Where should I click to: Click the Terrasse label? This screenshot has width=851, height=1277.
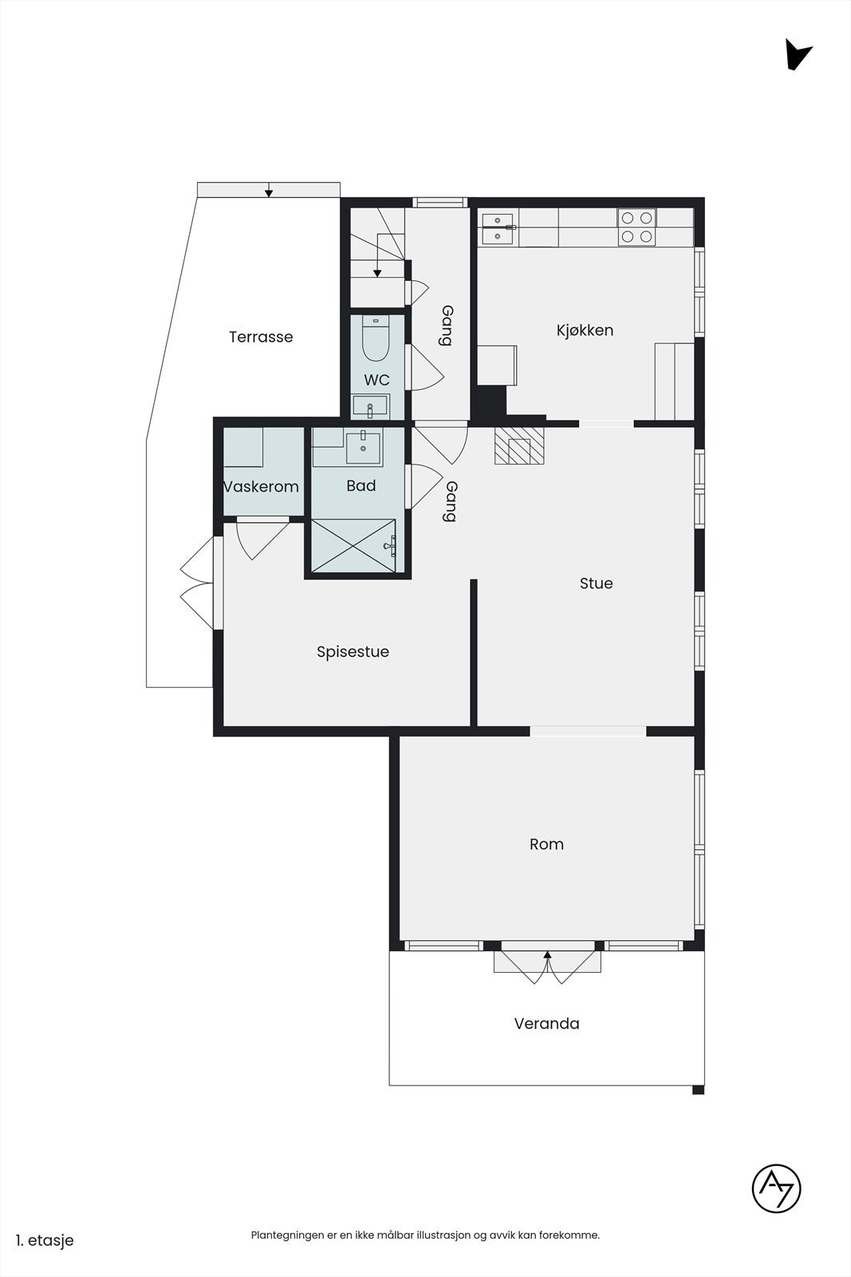coord(261,337)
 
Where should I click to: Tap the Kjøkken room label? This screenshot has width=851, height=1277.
coord(585,330)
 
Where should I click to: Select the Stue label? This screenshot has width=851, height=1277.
coord(597,583)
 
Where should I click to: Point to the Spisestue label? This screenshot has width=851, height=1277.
coord(353,652)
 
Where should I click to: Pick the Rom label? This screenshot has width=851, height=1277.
coord(547,844)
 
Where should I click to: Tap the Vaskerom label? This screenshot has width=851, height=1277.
coord(262,487)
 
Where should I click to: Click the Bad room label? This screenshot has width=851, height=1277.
coord(361,486)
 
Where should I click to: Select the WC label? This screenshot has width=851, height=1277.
coord(377,380)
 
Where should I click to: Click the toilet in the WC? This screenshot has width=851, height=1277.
coord(376,339)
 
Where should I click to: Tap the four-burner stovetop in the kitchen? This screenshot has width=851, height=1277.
coord(636,227)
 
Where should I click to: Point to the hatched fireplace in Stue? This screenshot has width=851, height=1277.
coord(519,446)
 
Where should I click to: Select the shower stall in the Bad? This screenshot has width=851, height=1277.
coord(353,546)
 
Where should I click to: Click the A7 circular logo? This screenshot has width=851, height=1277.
coord(776,1188)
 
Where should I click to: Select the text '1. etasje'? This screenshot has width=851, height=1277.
coord(45,1240)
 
